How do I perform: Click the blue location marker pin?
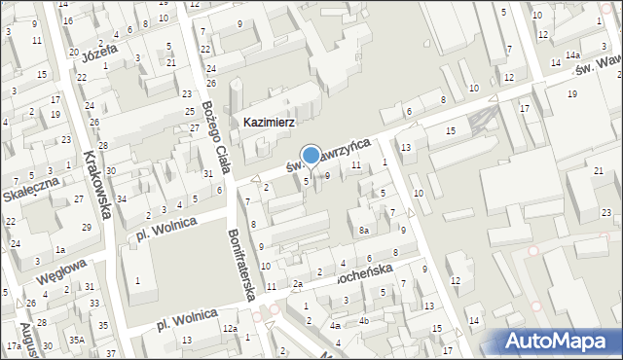point(311,156)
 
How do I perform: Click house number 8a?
point(363,231)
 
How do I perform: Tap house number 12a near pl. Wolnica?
point(229,329)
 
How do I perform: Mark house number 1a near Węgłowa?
point(60,250)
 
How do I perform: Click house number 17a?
point(14,346)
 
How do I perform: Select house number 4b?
point(363,320)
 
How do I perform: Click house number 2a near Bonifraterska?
point(299,284)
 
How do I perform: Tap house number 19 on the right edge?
point(571,93)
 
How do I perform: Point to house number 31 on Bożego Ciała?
point(208,174)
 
